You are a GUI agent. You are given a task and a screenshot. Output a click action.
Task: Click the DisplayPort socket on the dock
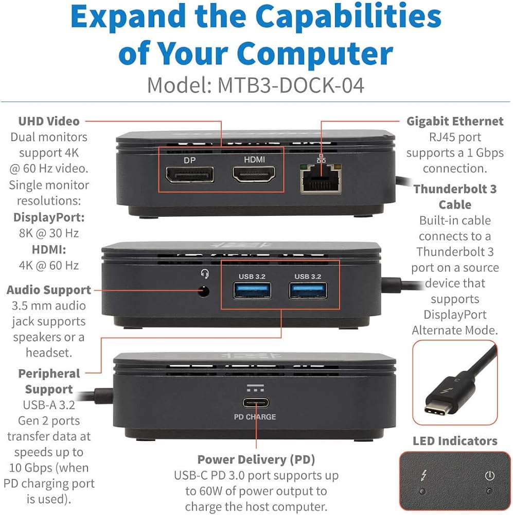pyautogui.click(x=190, y=175)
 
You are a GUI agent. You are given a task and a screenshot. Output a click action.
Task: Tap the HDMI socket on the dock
pyautogui.click(x=254, y=174)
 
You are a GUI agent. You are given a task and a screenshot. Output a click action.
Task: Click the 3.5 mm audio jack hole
pyautogui.click(x=204, y=291)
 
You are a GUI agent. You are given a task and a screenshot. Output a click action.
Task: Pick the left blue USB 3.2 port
pyautogui.click(x=252, y=291)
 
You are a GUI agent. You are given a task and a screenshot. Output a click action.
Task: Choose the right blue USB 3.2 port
pyautogui.click(x=308, y=291)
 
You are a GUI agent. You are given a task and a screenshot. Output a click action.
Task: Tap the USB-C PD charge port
pyautogui.click(x=255, y=403)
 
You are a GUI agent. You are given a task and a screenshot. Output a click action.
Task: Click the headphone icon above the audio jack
pyautogui.click(x=205, y=273)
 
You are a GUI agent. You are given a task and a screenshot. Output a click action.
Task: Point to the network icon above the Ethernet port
pyautogui.click(x=321, y=158)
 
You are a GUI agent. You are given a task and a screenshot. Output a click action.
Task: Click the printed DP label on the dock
pyautogui.click(x=190, y=160)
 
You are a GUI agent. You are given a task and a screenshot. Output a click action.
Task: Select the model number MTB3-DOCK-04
pyautogui.click(x=291, y=85)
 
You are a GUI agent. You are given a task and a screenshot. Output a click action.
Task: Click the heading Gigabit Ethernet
pyautogui.click(x=455, y=121)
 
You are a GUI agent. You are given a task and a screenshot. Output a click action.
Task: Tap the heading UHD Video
pyautogui.click(x=49, y=121)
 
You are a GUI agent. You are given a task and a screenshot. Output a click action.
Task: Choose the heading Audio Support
pyautogui.click(x=49, y=290)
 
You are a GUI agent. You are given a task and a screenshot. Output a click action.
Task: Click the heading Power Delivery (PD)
pyautogui.click(x=256, y=459)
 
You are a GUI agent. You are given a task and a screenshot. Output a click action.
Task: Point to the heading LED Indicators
pyautogui.click(x=455, y=441)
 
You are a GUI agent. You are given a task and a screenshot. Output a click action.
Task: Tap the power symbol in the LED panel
pyautogui.click(x=490, y=475)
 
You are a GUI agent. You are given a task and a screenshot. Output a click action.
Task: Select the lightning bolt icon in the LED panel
pyautogui.click(x=423, y=475)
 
